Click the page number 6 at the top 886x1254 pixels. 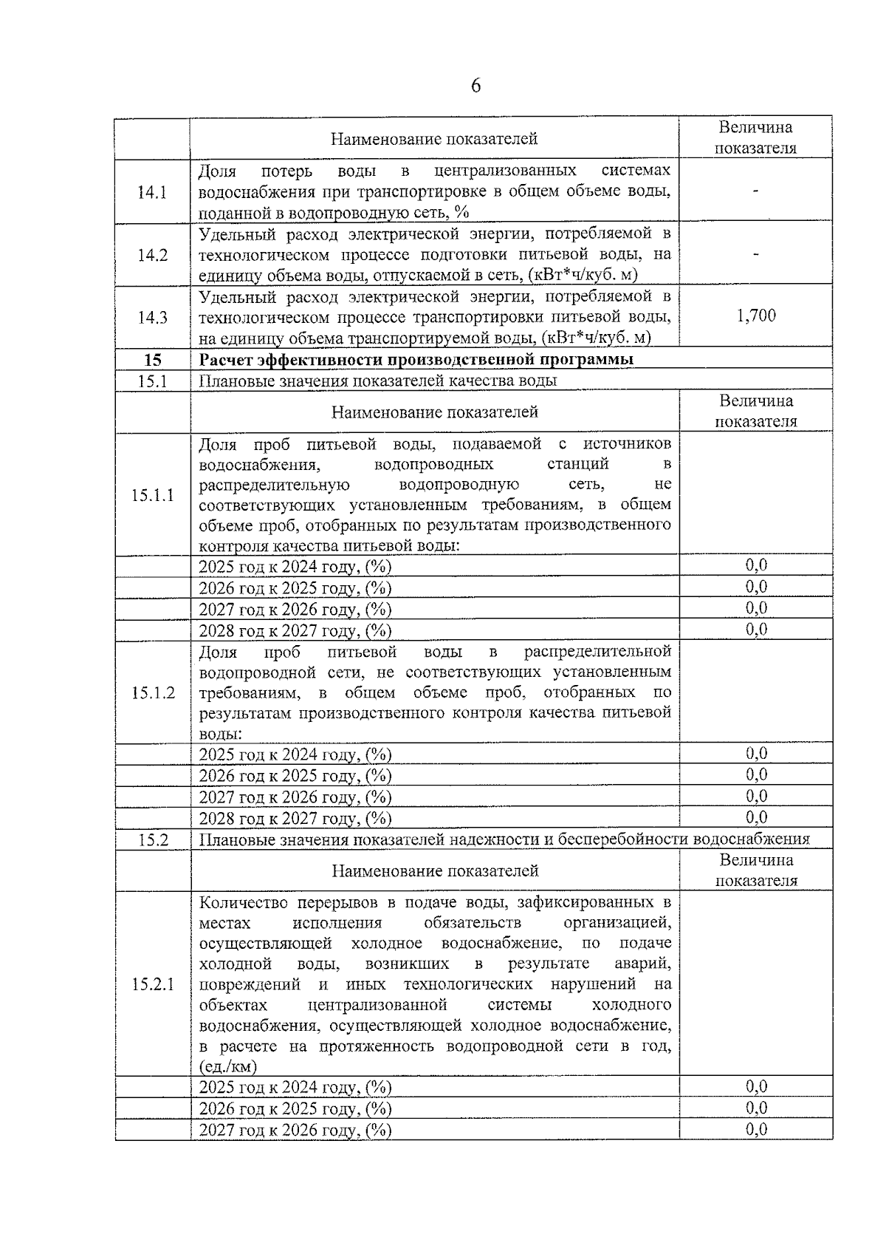[475, 86]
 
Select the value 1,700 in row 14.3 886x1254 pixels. [756, 316]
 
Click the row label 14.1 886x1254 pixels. [152, 193]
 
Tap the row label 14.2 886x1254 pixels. [152, 256]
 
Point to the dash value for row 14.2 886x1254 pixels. [756, 254]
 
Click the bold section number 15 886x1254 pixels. [152, 360]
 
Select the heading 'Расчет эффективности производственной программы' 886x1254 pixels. [416, 360]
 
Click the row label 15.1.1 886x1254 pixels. [153, 495]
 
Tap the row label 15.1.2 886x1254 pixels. [153, 693]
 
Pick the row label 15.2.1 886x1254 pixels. [153, 984]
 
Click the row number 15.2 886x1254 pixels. [153, 839]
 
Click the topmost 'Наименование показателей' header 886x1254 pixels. [433, 139]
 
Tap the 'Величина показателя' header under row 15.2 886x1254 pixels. [756, 870]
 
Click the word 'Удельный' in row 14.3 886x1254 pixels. [230, 297]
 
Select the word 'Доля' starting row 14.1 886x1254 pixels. [217, 171]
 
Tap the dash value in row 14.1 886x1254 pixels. [756, 192]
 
